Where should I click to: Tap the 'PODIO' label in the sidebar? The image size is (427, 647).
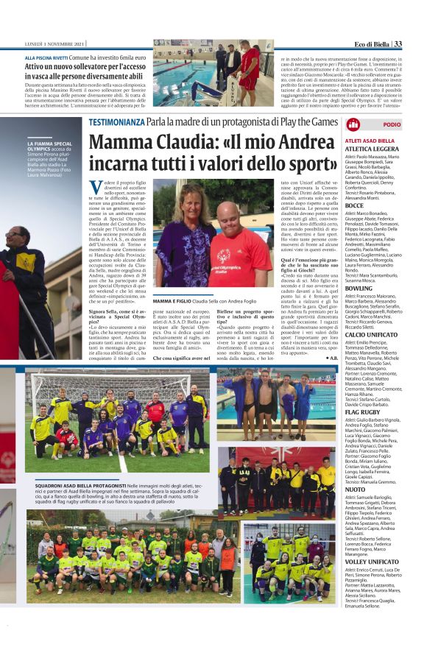[392, 125]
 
